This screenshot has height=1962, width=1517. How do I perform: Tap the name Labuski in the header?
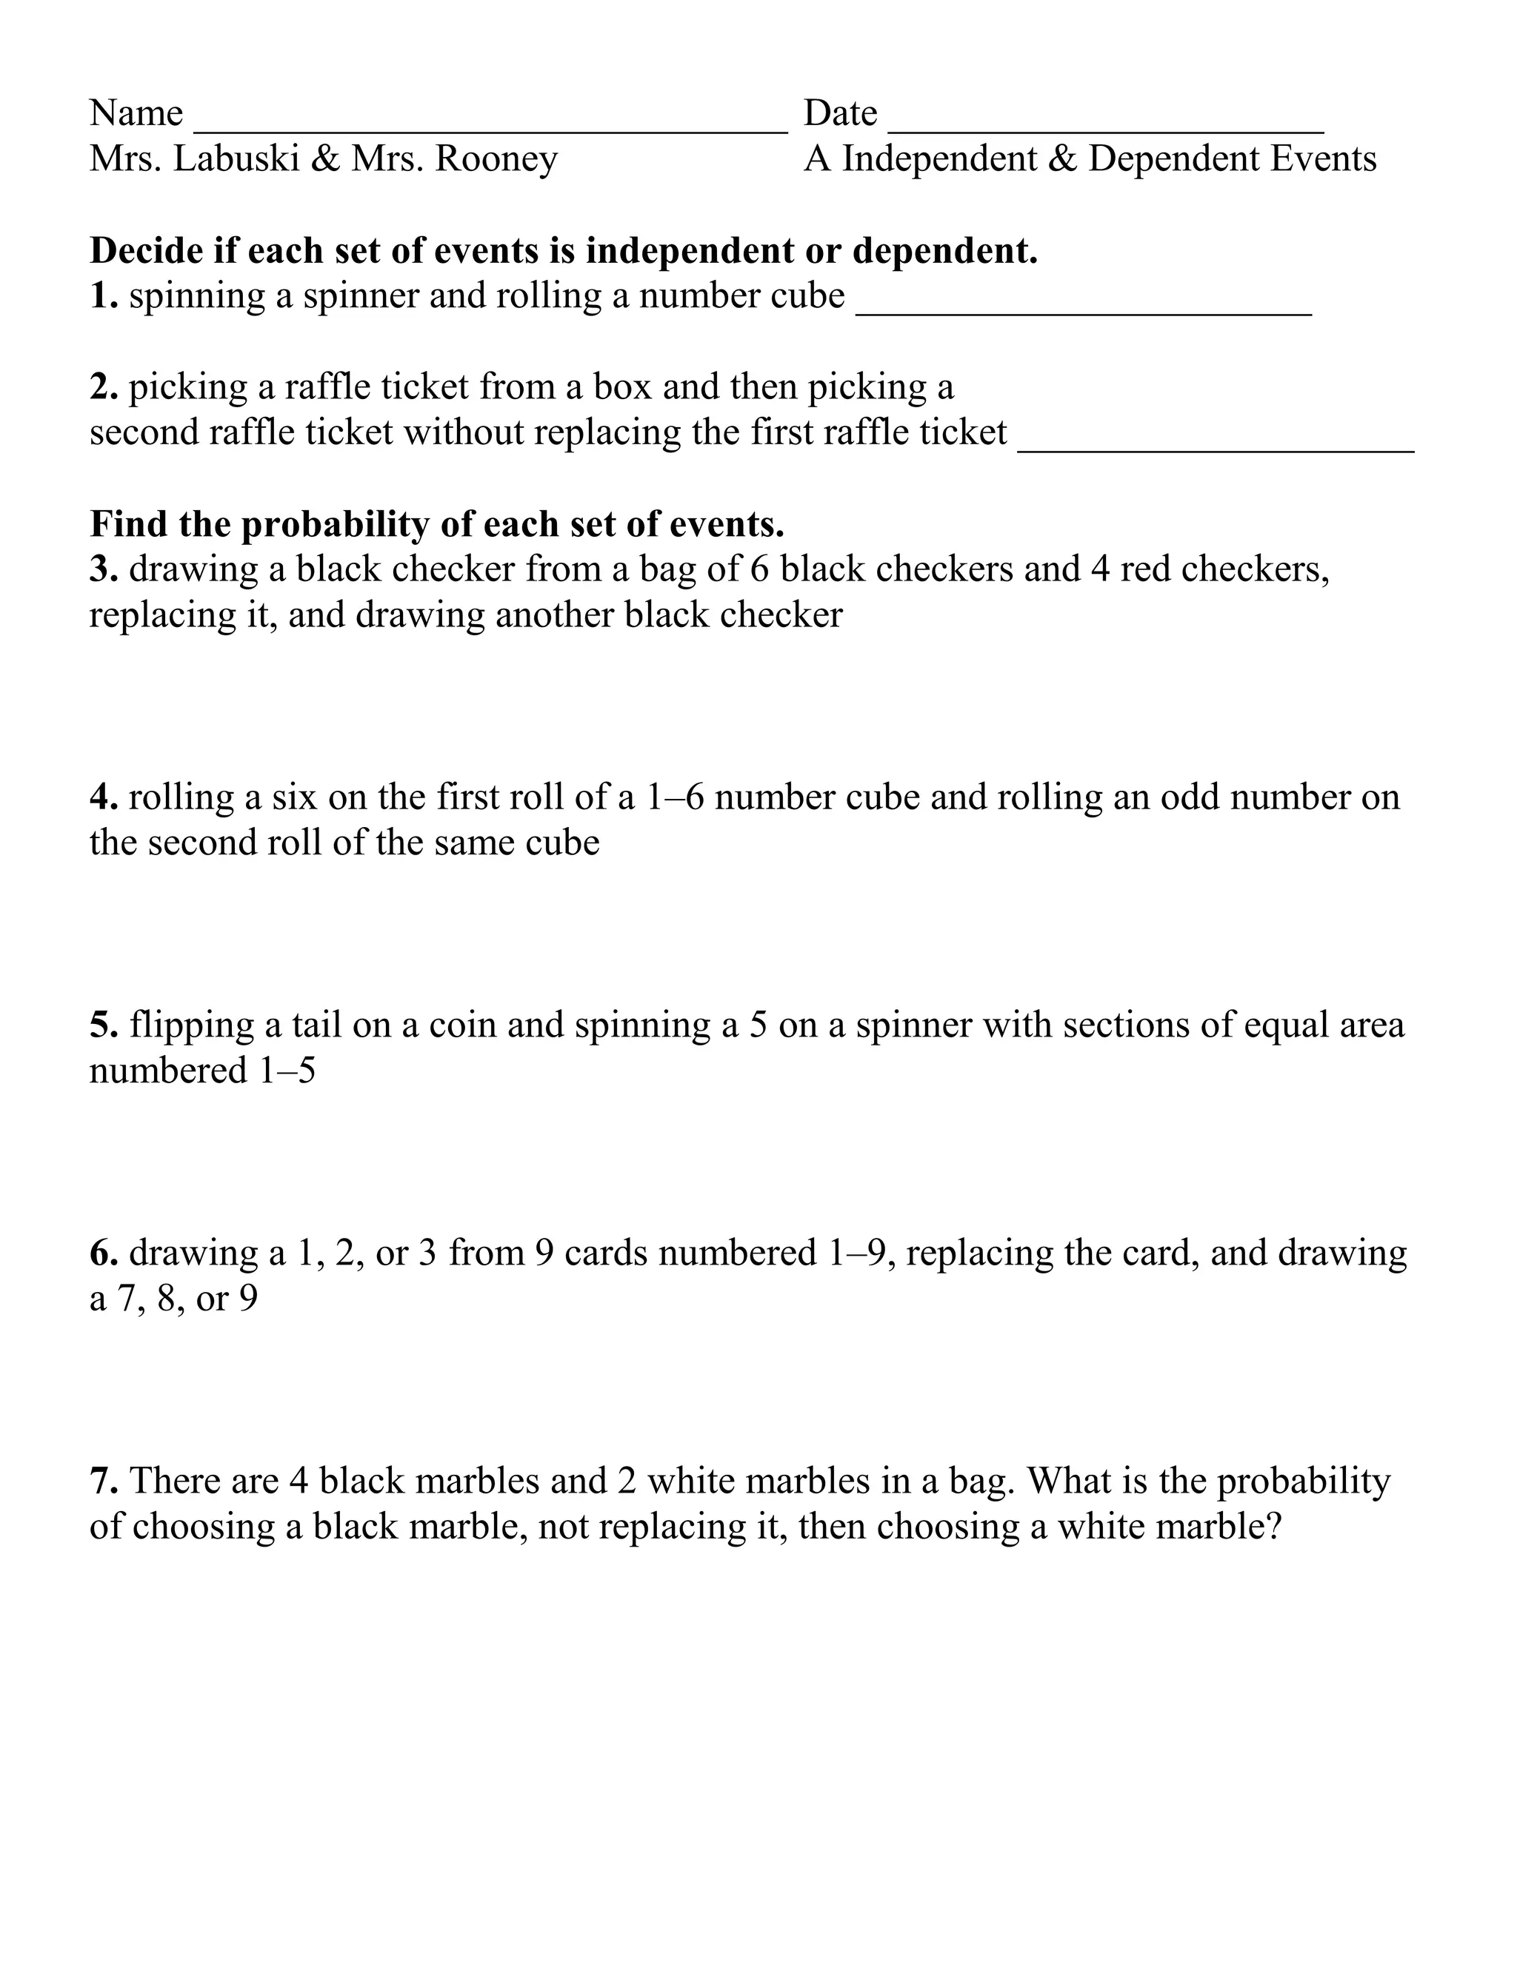point(236,159)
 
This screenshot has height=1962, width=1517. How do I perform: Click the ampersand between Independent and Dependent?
point(1062,159)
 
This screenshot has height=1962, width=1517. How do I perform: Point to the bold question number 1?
point(102,296)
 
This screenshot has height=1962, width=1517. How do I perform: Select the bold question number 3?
point(102,569)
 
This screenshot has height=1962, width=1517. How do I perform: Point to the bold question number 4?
point(102,797)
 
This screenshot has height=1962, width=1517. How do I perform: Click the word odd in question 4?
point(1190,797)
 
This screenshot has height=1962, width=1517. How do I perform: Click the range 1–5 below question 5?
point(287,1071)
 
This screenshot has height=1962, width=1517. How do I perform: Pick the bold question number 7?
point(102,1481)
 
